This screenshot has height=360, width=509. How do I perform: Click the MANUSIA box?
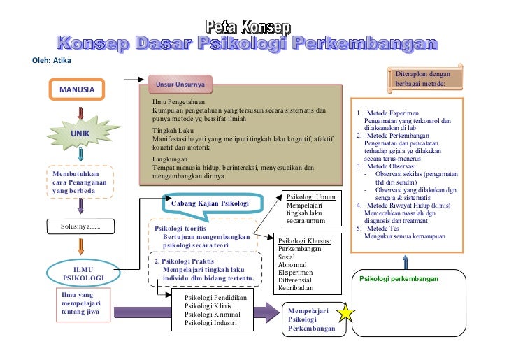[x=77, y=90]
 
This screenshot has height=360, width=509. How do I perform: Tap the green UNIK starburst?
[x=81, y=134]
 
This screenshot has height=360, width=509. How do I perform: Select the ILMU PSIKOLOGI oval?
[x=83, y=273]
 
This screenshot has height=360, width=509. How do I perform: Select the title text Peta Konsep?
[x=248, y=27]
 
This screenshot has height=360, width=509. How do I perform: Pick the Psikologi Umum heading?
[x=312, y=196]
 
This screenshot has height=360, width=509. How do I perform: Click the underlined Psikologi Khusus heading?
[x=304, y=240]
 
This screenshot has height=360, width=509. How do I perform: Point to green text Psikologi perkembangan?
[x=399, y=279]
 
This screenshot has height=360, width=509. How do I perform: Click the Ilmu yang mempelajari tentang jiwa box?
[x=81, y=305]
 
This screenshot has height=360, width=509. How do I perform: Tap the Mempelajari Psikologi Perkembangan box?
[x=312, y=319]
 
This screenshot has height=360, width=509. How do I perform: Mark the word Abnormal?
[x=292, y=264]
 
